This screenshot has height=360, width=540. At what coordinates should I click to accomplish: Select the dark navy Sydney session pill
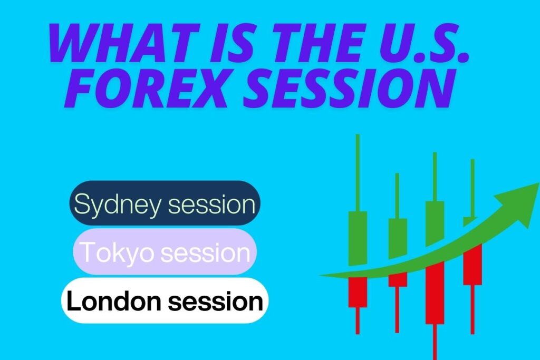165,203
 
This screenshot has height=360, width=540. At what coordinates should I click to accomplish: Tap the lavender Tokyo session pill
165,251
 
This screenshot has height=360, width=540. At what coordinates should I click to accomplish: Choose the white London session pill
165,300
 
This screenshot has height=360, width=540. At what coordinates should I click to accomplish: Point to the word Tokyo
118,252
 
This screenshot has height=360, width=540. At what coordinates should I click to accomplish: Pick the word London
114,300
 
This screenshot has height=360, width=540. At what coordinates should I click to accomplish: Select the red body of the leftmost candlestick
358,292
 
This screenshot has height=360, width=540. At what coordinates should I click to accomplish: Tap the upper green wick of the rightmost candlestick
472,188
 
